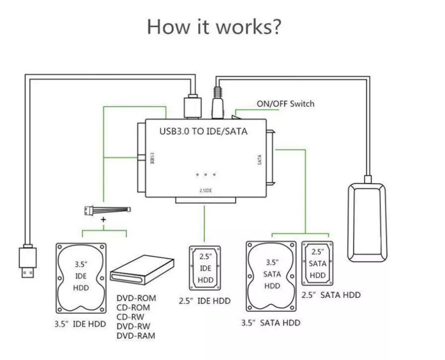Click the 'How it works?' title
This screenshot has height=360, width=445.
(x=214, y=26)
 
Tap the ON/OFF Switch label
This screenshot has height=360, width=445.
(x=285, y=104)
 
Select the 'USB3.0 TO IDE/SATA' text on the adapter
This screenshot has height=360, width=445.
(x=203, y=131)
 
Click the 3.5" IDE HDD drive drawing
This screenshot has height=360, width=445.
(x=81, y=278)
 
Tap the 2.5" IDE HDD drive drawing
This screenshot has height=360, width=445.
(x=205, y=268)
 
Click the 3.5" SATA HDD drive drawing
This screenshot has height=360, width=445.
(x=271, y=276)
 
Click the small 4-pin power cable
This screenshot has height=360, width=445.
(x=107, y=210)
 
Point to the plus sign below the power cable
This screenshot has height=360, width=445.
(x=103, y=219)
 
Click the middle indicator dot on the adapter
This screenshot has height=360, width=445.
(x=205, y=175)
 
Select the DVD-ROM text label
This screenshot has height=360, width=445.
(x=136, y=298)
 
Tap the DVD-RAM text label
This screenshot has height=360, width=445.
(x=136, y=336)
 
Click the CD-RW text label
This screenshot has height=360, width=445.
(x=130, y=317)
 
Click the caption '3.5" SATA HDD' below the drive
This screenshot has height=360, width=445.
(x=270, y=323)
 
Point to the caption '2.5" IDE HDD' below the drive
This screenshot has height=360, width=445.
(x=205, y=301)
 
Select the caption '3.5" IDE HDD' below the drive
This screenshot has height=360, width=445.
(x=80, y=324)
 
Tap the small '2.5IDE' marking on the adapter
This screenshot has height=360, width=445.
(x=205, y=190)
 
